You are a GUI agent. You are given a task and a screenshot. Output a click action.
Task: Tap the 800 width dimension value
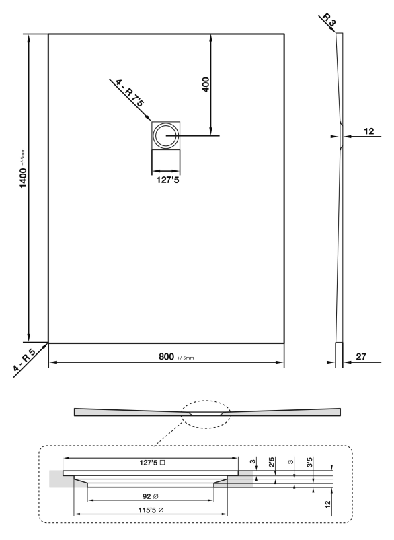coord(166,356)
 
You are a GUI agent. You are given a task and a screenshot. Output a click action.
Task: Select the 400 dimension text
coord(206,84)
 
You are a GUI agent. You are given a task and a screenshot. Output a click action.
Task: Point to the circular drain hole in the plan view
coord(165,135)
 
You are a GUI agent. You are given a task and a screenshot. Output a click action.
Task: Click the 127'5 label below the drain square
coord(168,180)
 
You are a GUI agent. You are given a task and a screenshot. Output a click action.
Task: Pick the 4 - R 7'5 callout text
coord(130,93)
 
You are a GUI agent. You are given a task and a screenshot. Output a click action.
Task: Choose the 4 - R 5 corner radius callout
coord(24,360)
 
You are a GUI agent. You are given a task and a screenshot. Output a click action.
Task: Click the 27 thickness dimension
coord(361,356)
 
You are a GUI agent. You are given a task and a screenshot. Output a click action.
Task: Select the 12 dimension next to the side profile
coord(369,131)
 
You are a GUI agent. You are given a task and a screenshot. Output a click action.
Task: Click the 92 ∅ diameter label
coord(150,496)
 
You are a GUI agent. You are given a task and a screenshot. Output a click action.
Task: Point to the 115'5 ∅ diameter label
coord(151,510)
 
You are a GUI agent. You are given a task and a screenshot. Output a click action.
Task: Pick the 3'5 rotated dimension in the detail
coord(309,462)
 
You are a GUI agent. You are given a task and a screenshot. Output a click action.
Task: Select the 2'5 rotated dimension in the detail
coord(271,462)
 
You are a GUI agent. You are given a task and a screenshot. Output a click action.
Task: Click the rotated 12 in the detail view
coord(327,504)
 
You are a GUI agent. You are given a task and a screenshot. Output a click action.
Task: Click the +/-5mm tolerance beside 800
coord(186,358)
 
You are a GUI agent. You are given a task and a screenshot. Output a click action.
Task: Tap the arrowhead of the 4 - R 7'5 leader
coord(149,119)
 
